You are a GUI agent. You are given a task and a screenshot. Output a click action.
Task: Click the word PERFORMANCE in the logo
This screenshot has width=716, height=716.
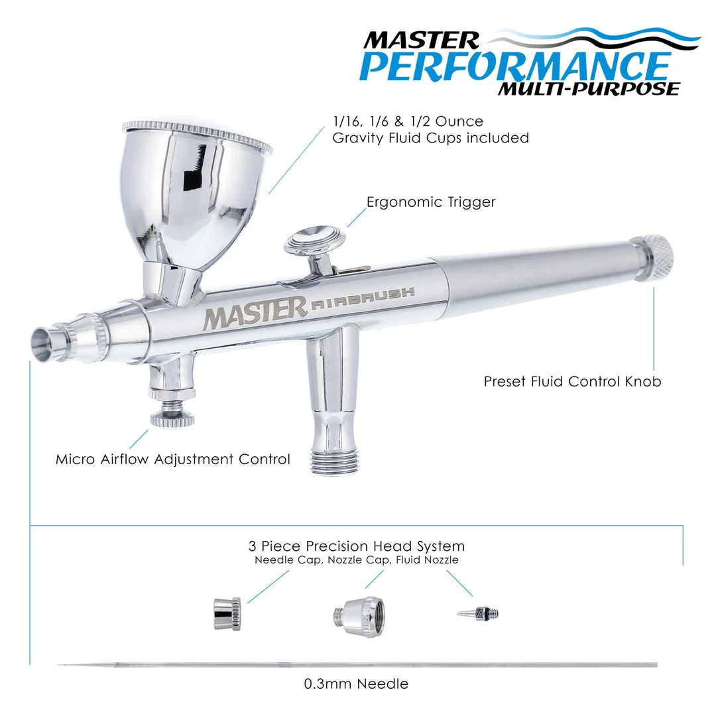click(515, 66)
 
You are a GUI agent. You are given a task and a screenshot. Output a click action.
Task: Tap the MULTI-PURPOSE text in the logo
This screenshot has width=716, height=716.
click(589, 89)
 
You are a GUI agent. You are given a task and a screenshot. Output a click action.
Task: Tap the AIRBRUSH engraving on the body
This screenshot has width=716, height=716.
click(363, 298)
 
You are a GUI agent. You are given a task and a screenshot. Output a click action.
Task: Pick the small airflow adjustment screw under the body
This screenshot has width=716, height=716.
click(172, 416)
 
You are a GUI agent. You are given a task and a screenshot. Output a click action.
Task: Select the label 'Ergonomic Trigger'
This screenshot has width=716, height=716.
click(431, 202)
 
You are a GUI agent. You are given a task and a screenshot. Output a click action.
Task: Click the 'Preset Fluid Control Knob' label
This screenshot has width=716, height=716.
click(572, 381)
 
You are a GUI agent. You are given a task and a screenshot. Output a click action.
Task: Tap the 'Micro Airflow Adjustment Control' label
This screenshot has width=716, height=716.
click(172, 459)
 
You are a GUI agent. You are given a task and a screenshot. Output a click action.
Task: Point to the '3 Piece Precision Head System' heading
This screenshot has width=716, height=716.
click(357, 546)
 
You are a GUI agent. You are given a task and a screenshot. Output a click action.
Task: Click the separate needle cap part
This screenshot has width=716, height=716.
click(227, 614)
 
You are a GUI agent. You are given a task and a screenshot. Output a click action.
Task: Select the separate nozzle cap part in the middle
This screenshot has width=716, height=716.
click(359, 617)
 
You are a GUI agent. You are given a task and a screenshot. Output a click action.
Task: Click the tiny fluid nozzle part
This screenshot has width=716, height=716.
click(477, 613)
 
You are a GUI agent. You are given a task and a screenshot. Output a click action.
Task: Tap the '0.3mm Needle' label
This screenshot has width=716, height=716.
click(356, 684)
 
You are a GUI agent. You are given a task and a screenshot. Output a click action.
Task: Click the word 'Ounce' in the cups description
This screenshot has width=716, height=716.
click(459, 121)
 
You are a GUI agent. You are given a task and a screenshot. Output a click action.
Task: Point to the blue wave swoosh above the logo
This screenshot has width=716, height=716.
click(598, 39)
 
